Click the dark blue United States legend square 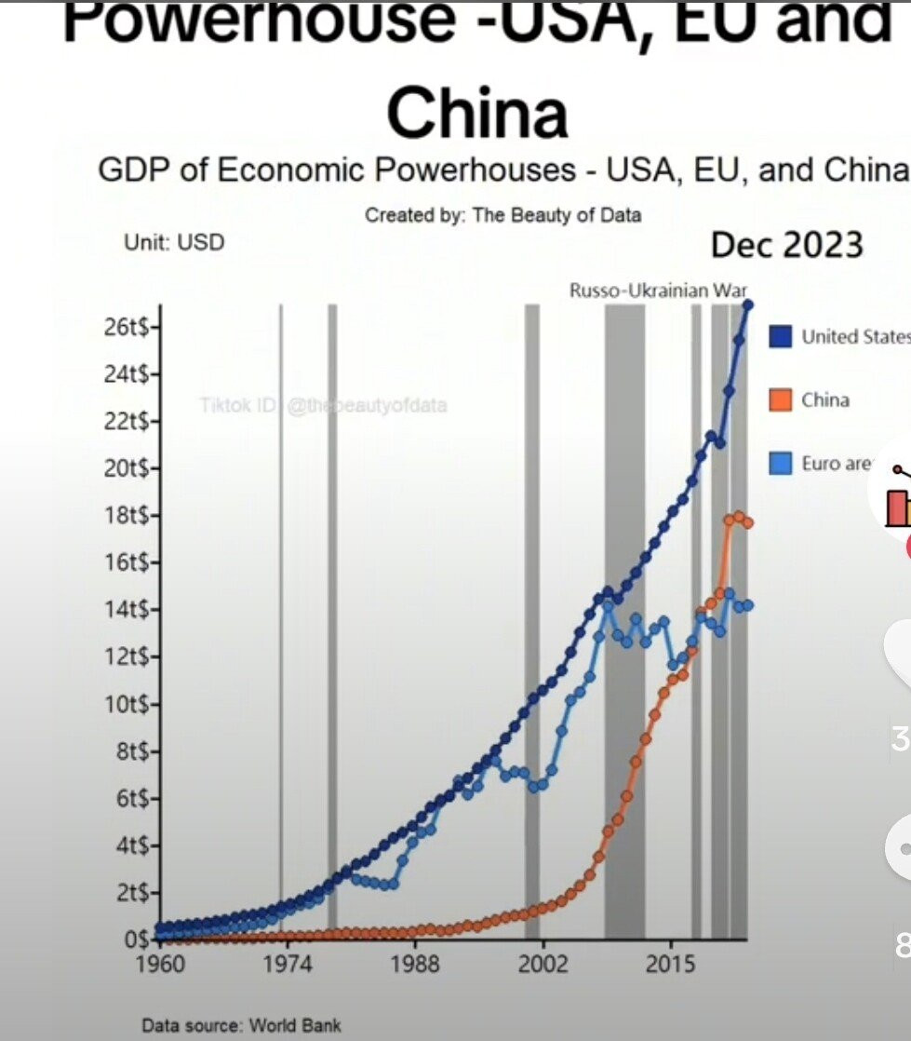(781, 336)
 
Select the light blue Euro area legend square (781, 463)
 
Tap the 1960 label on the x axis (161, 963)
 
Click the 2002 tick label (543, 963)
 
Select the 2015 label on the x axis (671, 963)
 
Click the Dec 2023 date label (787, 245)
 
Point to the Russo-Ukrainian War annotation (659, 290)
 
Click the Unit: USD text (174, 242)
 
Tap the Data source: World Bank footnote (241, 1026)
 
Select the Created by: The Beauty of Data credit (502, 215)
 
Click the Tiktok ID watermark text (323, 405)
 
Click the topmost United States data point (748, 304)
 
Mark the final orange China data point (747, 523)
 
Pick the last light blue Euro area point (747, 605)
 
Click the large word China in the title (476, 113)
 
